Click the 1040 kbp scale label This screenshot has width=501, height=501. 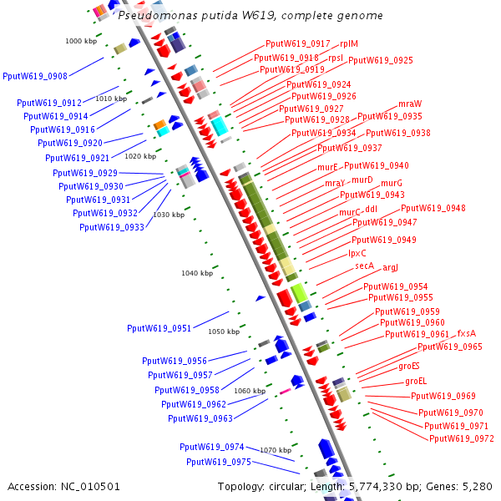point(197,273)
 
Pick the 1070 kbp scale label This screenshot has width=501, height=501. point(275,450)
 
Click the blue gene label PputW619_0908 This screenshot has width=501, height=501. point(35,76)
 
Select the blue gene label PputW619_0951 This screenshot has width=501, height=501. point(159,328)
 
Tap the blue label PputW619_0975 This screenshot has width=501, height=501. point(219,462)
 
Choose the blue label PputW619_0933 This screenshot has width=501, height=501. point(112,227)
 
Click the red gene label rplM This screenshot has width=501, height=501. point(349,43)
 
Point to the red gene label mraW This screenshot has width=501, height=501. point(410,104)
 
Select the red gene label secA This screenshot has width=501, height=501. point(365,266)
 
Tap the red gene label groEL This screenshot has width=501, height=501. point(416,381)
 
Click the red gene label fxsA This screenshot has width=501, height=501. point(467,334)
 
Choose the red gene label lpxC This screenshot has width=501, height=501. point(357,253)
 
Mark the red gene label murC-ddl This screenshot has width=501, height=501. point(359,212)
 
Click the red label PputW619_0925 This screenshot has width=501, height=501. point(381,60)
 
